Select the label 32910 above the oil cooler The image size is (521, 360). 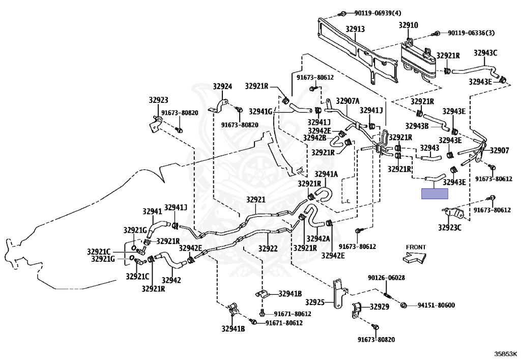[408, 24]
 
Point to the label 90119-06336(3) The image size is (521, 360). [471, 33]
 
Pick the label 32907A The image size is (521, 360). [348, 100]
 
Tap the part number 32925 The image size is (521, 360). [314, 302]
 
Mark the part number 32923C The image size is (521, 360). [450, 227]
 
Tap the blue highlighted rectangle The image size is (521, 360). [434, 193]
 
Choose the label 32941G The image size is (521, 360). [261, 110]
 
